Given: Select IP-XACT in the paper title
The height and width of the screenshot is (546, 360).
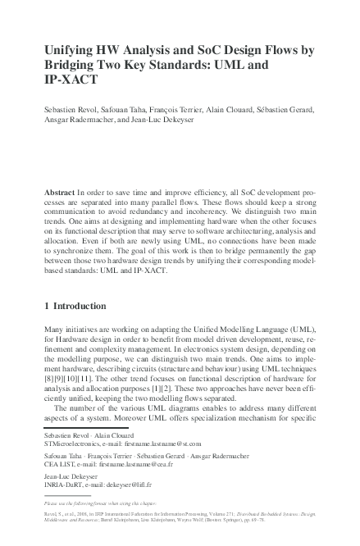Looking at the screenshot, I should pos(71,80).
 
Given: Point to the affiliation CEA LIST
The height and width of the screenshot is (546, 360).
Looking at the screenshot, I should pos(60,464).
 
